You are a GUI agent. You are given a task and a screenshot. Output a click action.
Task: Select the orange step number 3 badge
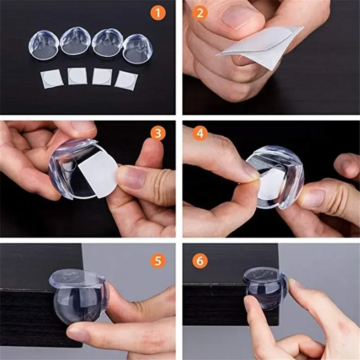157,134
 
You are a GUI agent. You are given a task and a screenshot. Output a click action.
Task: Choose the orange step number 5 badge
157,261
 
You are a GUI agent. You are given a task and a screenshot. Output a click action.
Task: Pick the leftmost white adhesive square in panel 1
49,78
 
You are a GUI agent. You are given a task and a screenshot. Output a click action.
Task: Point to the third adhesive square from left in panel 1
102,76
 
